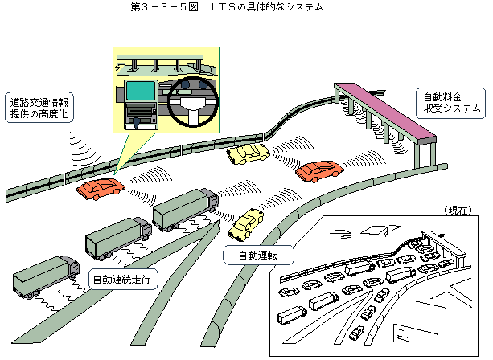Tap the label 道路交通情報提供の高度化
[39, 108]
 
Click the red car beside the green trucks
[101, 189]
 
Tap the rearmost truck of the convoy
[46, 276]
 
